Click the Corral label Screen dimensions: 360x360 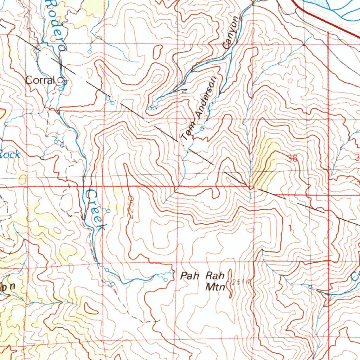(x=40, y=80)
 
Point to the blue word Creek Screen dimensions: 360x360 (x=95, y=210)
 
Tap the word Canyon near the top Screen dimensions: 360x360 (x=232, y=32)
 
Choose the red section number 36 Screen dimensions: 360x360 (x=292, y=159)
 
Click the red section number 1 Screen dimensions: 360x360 (x=290, y=229)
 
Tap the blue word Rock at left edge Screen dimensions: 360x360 (x=9, y=154)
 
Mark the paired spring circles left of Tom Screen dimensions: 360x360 (x=153, y=108)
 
